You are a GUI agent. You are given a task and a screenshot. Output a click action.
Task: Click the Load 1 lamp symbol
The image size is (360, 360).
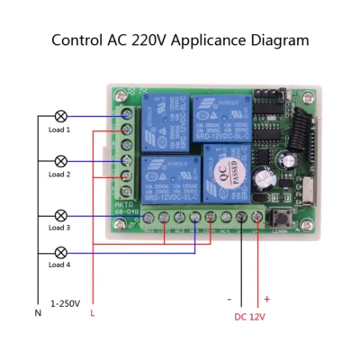tap(61, 117)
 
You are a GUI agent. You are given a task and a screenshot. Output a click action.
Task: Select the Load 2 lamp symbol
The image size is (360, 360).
tap(61, 161)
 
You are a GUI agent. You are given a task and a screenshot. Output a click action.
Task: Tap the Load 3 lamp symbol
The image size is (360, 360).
tap(61, 215)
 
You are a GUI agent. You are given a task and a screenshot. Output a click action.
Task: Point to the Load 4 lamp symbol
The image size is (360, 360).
tap(61, 252)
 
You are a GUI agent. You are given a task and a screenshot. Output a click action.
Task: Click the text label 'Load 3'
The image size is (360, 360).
tap(60, 229)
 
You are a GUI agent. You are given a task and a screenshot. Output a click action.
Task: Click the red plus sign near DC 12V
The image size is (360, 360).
tap(266, 298)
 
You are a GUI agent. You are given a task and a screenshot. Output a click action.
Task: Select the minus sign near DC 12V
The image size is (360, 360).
tap(230, 298)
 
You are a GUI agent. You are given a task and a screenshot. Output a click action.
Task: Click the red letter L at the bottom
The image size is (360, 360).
tap(92, 312)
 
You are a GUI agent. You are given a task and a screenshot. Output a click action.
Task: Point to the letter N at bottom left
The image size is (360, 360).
tap(37, 312)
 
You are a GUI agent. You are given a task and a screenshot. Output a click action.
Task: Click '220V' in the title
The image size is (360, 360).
tap(146, 40)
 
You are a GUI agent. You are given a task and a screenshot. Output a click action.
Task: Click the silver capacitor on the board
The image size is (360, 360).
tap(262, 176)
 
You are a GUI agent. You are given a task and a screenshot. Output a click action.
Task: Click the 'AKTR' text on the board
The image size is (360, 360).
tap(125, 203)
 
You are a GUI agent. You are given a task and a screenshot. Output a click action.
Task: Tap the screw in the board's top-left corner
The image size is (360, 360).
tap(120, 93)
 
